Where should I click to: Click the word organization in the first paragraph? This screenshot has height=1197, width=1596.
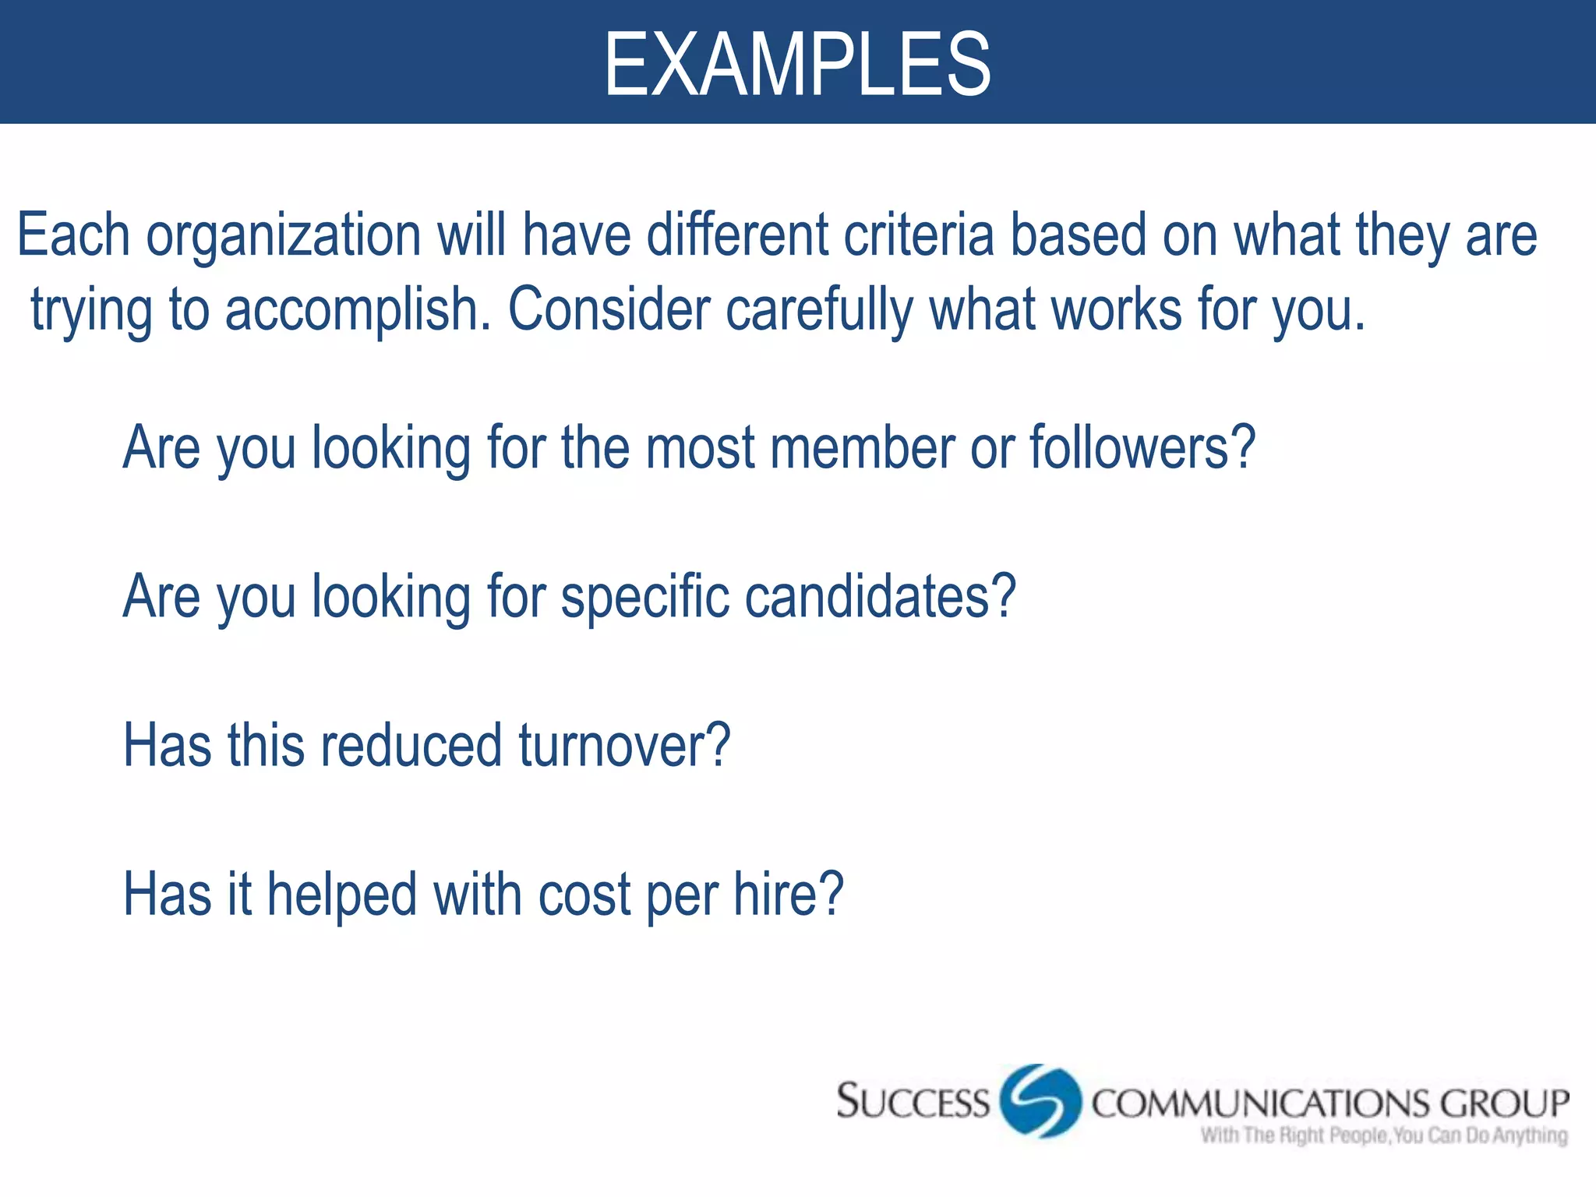point(283,236)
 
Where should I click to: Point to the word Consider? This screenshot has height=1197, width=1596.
point(609,309)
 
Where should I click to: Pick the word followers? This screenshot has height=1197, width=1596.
point(1142,448)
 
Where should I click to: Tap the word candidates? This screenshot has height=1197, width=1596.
point(880,597)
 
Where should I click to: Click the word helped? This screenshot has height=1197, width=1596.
point(342,895)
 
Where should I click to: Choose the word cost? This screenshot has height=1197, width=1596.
point(584,895)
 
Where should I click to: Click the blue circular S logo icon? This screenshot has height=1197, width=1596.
point(1040,1101)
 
